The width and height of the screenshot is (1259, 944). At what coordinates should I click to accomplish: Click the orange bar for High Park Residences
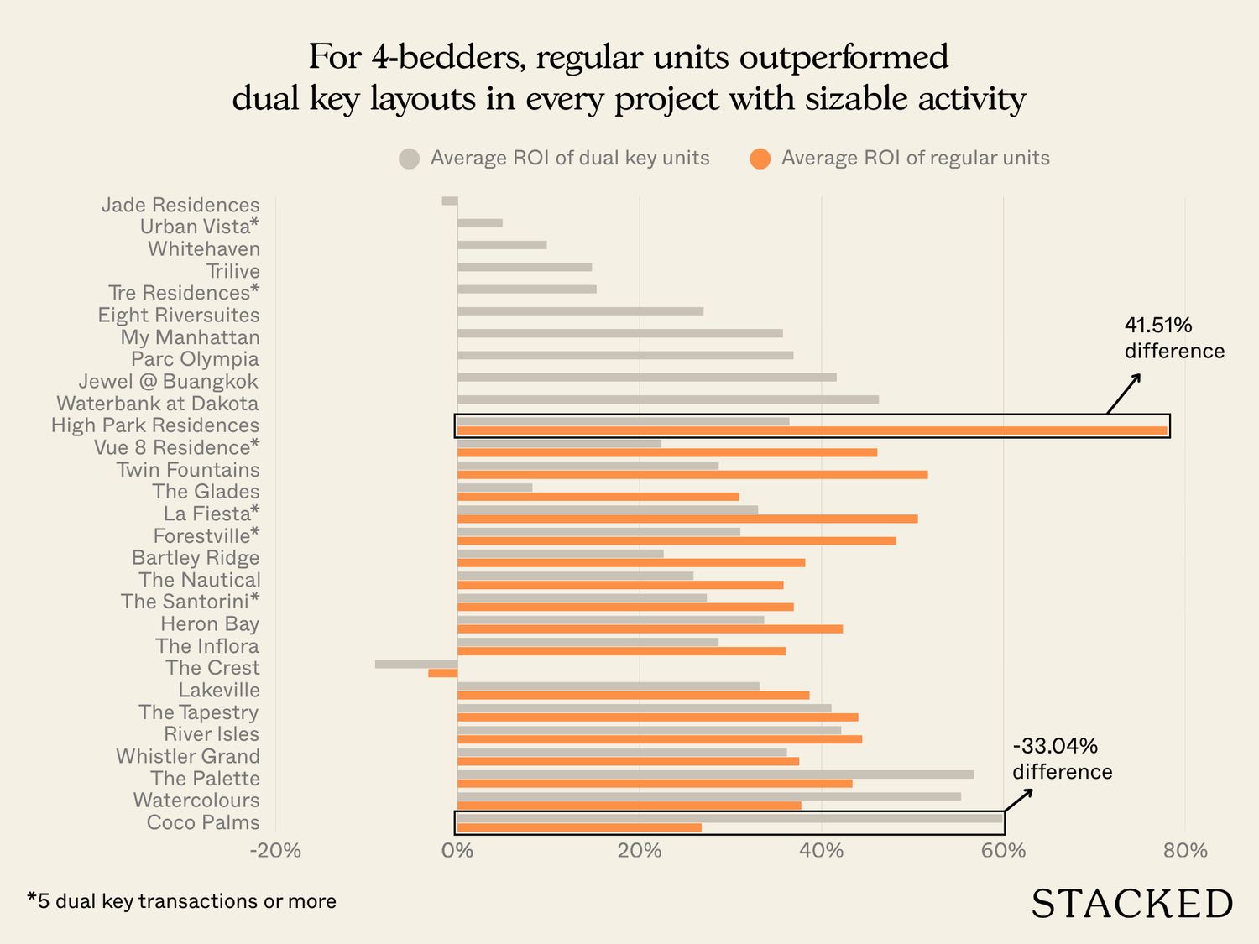(812, 430)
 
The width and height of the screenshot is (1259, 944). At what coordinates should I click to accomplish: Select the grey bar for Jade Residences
(450, 201)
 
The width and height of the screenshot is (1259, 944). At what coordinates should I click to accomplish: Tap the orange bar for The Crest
(443, 673)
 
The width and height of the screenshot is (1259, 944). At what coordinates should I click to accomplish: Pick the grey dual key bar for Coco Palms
(730, 818)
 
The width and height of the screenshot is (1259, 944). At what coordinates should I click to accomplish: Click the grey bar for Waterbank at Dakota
(668, 399)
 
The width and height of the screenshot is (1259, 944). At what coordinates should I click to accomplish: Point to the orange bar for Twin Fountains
(692, 474)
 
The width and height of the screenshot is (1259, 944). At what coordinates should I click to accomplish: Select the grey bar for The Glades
(495, 488)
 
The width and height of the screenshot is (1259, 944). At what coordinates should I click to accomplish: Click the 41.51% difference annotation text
(1173, 338)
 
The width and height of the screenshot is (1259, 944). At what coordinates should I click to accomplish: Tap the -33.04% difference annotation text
(1062, 759)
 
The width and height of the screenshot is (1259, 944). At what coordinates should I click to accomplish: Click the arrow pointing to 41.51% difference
(1124, 394)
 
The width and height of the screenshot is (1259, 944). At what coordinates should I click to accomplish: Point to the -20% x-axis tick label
(275, 850)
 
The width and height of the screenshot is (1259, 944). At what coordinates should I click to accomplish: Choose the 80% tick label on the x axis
(1185, 850)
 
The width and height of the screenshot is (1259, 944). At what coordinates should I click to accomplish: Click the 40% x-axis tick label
(821, 850)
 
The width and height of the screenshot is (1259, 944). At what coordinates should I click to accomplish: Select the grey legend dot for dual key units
(409, 159)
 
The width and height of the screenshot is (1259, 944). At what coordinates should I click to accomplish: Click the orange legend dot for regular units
(760, 159)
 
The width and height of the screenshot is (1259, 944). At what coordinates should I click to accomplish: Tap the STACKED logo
(1131, 904)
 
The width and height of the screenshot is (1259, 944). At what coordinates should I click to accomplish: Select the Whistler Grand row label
(188, 756)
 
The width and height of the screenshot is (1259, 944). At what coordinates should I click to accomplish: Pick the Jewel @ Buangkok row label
(169, 381)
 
